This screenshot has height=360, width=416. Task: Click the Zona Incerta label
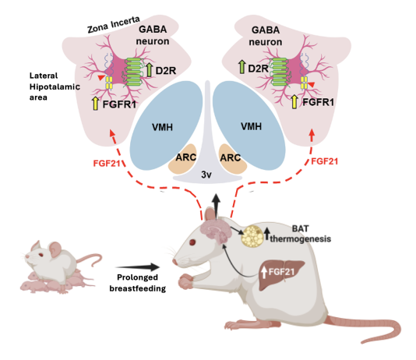tap(114, 24)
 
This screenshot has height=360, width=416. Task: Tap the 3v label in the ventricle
tap(206, 175)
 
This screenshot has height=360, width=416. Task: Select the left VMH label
tap(162, 127)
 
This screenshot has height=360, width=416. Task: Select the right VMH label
tap(251, 126)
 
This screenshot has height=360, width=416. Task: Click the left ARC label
tap(185, 157)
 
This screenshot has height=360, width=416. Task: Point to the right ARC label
tap(231, 158)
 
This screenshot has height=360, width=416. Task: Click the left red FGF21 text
tap(107, 163)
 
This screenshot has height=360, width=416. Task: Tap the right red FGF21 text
tap(324, 161)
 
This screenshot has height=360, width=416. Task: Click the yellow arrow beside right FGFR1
tap(294, 102)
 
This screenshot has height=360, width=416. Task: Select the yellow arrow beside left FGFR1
tap(95, 104)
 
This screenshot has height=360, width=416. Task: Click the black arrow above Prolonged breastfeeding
tap(137, 267)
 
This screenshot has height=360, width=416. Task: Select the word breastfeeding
tap(138, 288)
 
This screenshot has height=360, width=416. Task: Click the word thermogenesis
tap(301, 238)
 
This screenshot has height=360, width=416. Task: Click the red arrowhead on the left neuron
tap(100, 77)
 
